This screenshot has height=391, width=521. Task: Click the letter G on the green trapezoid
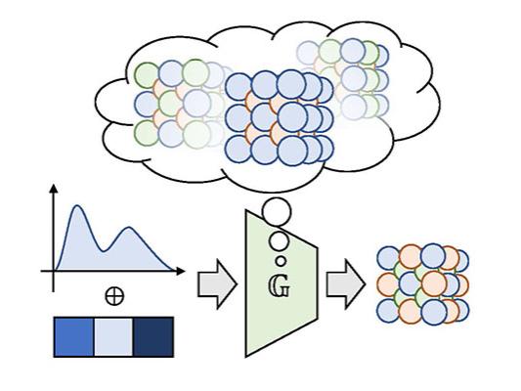click(278, 290)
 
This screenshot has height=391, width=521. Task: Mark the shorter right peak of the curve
click(129, 231)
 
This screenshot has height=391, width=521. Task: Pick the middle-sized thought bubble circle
click(279, 239)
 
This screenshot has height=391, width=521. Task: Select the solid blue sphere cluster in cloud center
click(277, 116)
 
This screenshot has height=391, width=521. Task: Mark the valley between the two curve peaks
click(104, 246)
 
